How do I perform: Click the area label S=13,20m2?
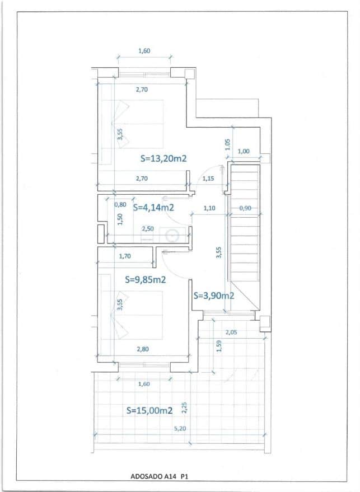(x=163, y=158)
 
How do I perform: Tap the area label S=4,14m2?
(x=153, y=207)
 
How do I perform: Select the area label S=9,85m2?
(x=145, y=279)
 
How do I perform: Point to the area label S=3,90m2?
(x=213, y=296)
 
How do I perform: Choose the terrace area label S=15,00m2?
(x=149, y=410)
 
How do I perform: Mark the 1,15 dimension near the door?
(x=208, y=179)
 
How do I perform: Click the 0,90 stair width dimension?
(x=245, y=208)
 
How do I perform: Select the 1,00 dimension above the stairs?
(x=244, y=151)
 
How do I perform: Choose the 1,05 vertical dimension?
(x=227, y=144)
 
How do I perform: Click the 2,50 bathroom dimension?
(x=148, y=229)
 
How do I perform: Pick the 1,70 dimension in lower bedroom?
(x=125, y=257)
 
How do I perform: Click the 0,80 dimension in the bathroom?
(x=120, y=204)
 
